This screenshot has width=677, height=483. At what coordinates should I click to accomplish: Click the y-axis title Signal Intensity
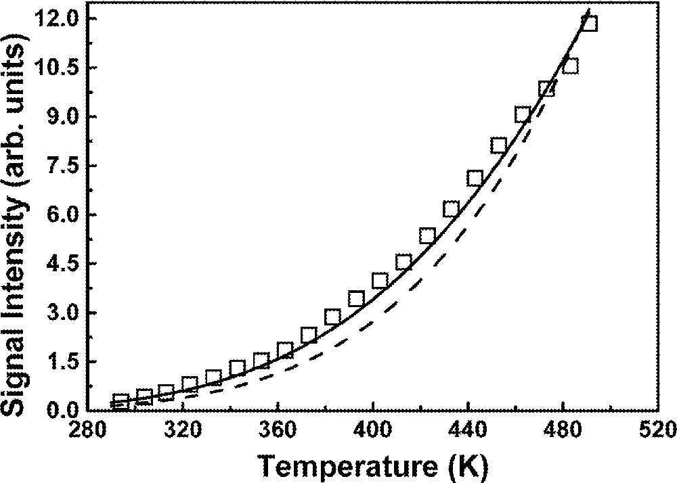20,223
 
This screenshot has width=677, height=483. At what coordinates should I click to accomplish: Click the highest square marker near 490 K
589,24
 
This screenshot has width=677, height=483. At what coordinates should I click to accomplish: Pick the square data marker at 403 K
380,281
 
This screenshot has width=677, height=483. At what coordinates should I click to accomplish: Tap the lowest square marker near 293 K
121,402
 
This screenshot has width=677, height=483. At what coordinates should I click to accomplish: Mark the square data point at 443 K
475,179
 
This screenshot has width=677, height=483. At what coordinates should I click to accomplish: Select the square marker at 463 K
522,115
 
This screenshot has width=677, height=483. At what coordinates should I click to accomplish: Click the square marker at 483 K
570,66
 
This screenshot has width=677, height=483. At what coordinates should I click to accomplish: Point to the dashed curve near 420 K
420,279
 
